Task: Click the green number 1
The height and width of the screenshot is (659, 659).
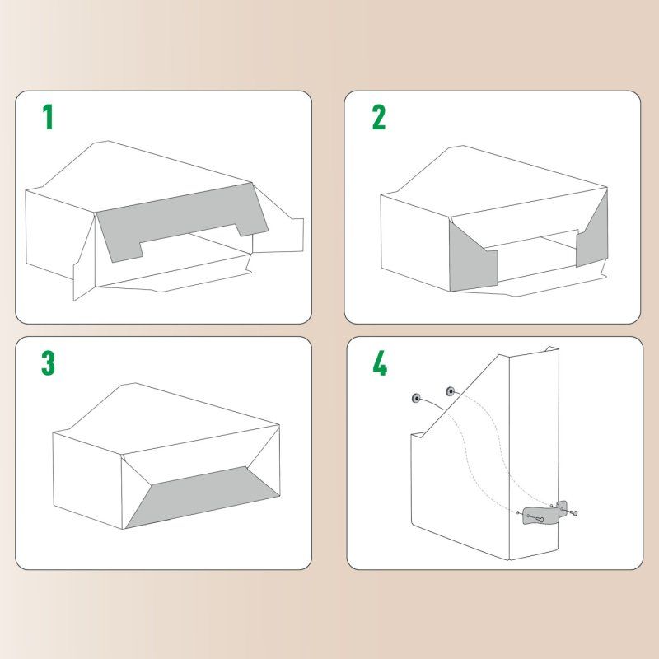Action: pyautogui.click(x=49, y=118)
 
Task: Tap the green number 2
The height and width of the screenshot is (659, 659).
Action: pyautogui.click(x=378, y=118)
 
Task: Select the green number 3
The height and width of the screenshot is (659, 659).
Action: pyautogui.click(x=49, y=363)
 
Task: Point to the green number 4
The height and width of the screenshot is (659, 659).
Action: pyautogui.click(x=379, y=363)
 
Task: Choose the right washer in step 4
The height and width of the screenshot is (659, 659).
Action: pyautogui.click(x=450, y=390)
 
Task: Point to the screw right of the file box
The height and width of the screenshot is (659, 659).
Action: pyautogui.click(x=574, y=514)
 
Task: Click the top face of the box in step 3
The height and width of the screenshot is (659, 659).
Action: pyautogui.click(x=165, y=412)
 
